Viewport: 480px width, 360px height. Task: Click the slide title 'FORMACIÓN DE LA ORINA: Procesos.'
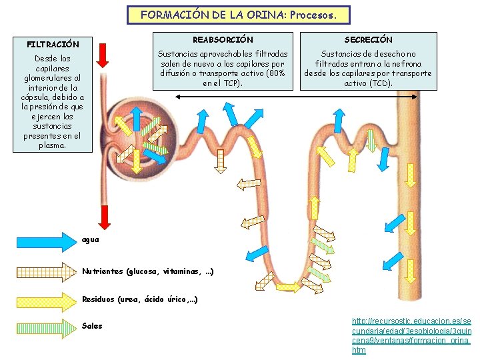coord(238,14)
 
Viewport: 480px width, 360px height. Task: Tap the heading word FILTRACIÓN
coord(53,44)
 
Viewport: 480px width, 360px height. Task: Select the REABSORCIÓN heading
coord(223,40)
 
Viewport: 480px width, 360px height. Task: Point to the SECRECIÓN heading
coord(368,40)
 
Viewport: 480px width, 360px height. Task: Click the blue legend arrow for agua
coord(41,240)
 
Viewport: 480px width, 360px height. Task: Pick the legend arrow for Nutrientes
coord(41,271)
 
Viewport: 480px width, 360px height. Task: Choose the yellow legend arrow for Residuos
coord(41,299)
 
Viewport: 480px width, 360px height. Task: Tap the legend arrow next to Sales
coord(41,326)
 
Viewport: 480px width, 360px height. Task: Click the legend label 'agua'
coord(91,239)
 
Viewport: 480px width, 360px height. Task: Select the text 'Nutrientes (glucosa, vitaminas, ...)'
coord(147,271)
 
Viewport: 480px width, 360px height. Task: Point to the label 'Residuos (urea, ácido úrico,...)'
coord(139,299)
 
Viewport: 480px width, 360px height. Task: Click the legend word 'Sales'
coord(92,326)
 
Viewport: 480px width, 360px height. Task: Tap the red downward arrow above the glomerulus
coord(102,55)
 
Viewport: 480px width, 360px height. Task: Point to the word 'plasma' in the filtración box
coord(52,145)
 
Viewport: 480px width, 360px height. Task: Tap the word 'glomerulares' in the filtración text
coord(53,77)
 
